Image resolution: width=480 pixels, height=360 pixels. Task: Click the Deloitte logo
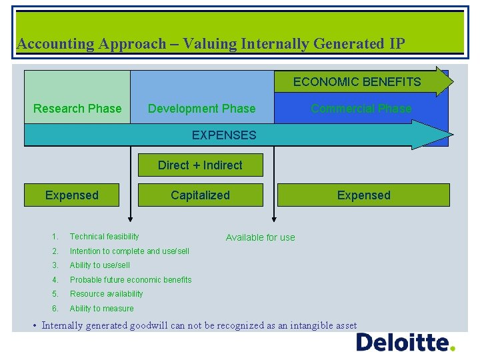coord(405,343)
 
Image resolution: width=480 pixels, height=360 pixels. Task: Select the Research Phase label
coord(77,109)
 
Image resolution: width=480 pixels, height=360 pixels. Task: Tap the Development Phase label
coord(201,109)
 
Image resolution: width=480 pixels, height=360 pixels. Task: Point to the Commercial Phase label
coord(361,109)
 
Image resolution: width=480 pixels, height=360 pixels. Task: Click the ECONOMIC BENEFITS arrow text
coord(357,82)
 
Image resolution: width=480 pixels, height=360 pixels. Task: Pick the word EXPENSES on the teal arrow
coord(224,135)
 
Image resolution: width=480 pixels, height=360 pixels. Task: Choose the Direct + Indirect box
coord(200,165)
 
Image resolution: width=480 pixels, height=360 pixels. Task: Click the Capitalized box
coord(200,195)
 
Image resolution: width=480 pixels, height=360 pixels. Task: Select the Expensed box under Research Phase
coord(71,195)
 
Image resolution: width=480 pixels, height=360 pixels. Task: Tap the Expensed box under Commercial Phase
coord(363,195)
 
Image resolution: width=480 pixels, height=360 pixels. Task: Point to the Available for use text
coord(260,237)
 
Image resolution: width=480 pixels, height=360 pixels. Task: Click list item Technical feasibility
coord(105,237)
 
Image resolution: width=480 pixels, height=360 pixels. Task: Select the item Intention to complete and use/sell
coord(129,251)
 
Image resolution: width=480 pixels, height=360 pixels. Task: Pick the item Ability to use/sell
coord(100,265)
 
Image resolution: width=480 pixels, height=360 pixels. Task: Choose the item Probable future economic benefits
coord(131,280)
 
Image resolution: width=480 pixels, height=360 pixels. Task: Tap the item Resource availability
coord(107,294)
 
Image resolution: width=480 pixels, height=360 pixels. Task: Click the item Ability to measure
coord(102,309)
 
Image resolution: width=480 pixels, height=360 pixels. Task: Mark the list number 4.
coord(55,280)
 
